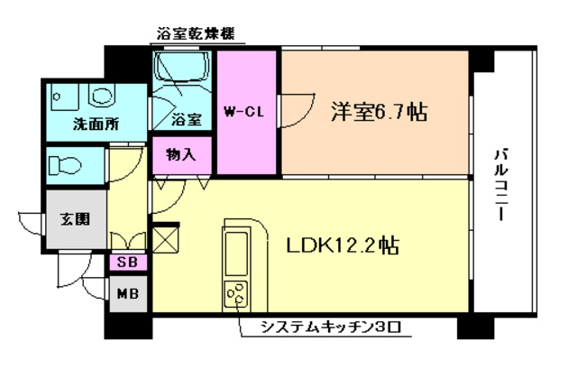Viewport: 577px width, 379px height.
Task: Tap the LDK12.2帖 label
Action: pyautogui.click(x=343, y=245)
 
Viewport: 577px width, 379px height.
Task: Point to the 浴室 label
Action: pyautogui.click(x=186, y=117)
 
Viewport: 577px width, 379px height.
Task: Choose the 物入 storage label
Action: pyautogui.click(x=180, y=154)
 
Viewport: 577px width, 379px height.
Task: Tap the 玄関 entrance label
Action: pyautogui.click(x=76, y=219)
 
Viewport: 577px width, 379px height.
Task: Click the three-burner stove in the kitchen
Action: pyautogui.click(x=238, y=293)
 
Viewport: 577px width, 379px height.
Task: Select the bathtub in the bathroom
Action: pyautogui.click(x=181, y=71)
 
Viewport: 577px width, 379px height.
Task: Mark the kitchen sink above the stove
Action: pyautogui.click(x=238, y=252)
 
